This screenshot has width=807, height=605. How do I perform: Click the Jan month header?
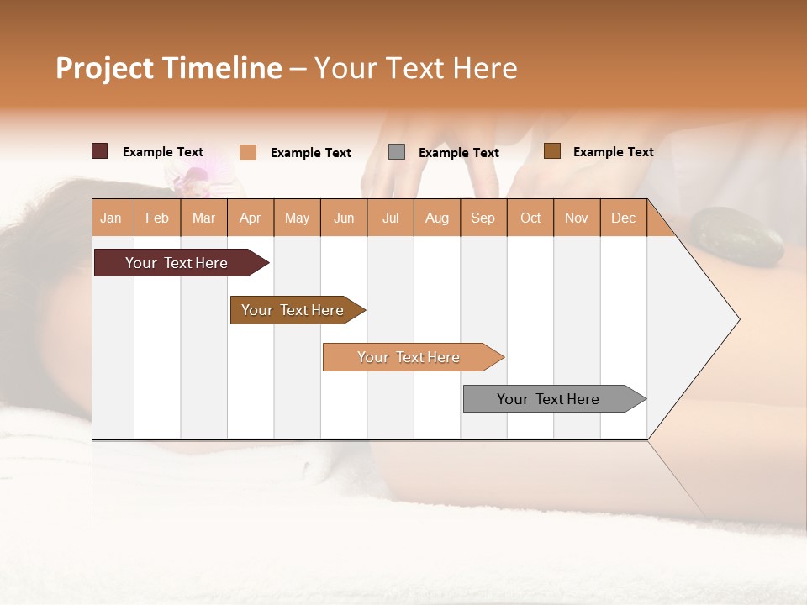tap(111, 218)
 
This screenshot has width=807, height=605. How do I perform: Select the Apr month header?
tap(250, 218)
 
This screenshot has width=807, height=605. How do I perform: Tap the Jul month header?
tap(390, 218)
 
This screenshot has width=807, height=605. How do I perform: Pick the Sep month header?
tap(483, 218)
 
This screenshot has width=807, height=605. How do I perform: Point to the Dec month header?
tap(623, 218)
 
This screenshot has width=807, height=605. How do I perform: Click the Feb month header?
tap(157, 218)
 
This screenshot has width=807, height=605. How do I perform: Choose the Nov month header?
tap(576, 218)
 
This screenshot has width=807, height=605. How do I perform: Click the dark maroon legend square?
tap(99, 151)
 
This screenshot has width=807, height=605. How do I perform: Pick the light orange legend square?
tap(247, 152)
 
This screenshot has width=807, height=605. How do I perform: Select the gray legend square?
tap(397, 152)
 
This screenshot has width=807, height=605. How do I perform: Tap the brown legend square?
tap(551, 151)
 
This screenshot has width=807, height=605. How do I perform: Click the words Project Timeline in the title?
tap(169, 68)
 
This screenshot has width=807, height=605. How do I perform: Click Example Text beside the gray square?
tap(458, 153)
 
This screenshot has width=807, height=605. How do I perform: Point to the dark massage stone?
tap(736, 237)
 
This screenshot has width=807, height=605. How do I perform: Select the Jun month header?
tap(344, 218)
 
